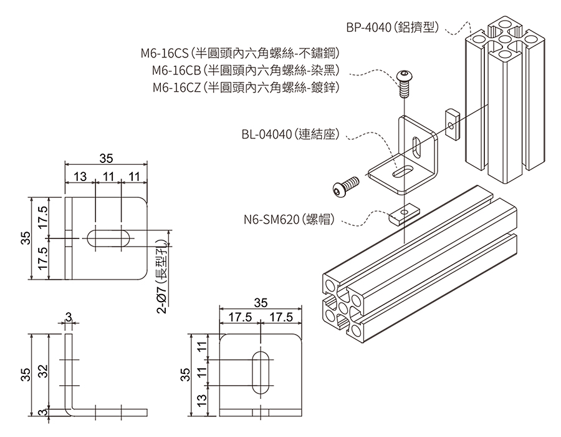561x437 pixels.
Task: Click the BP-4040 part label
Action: pos(393,27)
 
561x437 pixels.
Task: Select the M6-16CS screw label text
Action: pos(240,53)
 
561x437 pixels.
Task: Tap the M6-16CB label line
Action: pos(246,70)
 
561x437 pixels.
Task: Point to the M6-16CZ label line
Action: pos(246,87)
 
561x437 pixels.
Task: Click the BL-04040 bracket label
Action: pos(290,134)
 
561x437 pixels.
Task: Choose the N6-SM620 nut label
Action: pos(289,219)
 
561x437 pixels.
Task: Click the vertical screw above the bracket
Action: pos(403,84)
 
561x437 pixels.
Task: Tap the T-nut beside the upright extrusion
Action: pos(453,125)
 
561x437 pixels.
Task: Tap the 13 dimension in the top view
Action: pos(80,177)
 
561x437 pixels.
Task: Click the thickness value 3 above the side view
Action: pos(69,317)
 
